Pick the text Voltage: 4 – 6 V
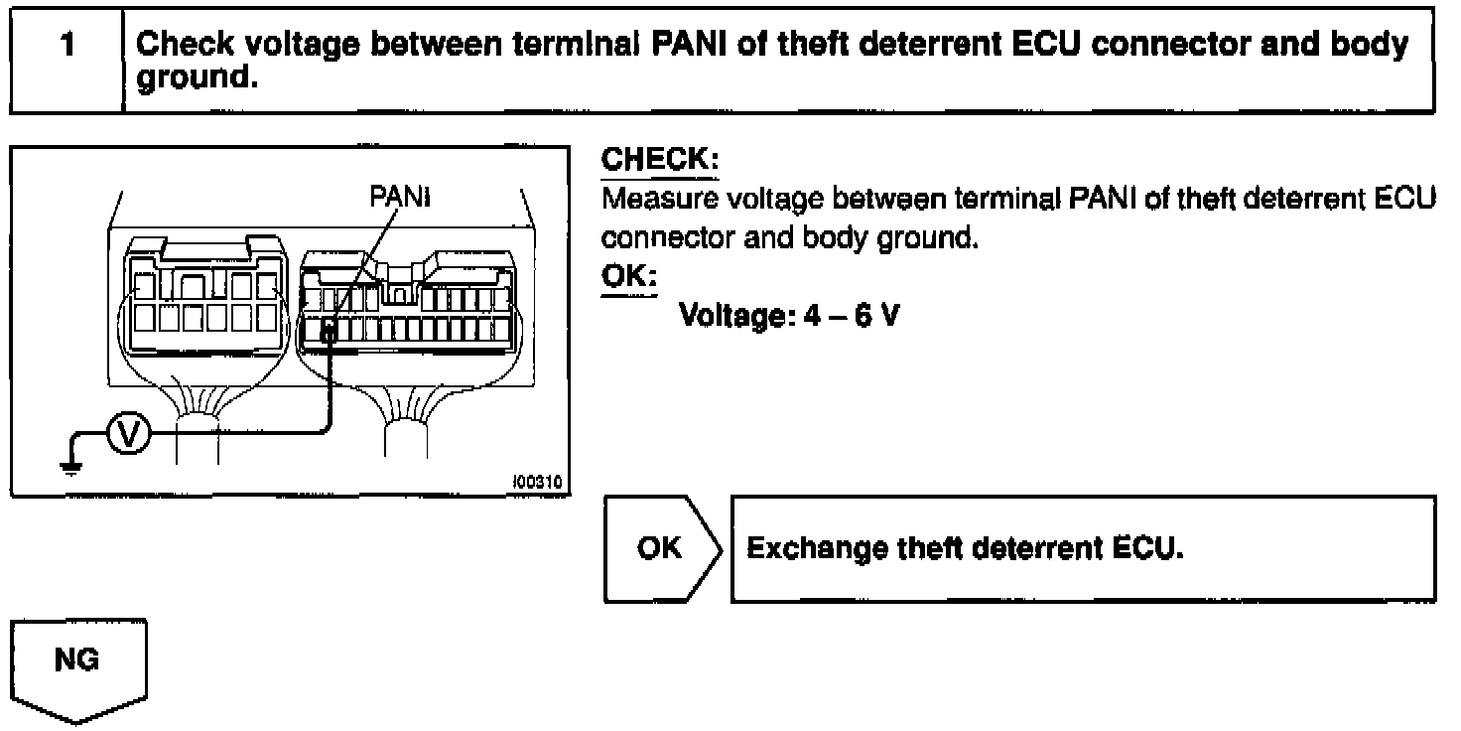click(789, 317)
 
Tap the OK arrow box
click(661, 548)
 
